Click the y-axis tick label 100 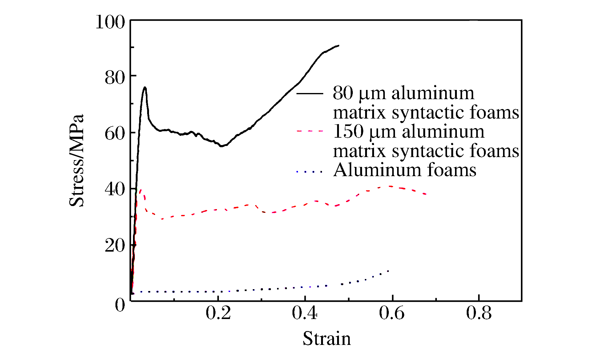point(110,22)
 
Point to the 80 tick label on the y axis point(115,78)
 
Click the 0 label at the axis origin point(120,305)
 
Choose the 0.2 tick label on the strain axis point(218,313)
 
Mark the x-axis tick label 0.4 point(304,313)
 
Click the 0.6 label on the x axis point(392,313)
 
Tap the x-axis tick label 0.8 point(479,313)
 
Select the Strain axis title point(327,339)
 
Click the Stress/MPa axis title point(76,160)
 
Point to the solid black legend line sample point(310,93)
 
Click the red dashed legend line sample point(310,131)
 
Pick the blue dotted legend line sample point(310,172)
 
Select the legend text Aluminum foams point(405,170)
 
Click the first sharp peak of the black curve point(145,87)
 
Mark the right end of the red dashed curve point(425,194)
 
